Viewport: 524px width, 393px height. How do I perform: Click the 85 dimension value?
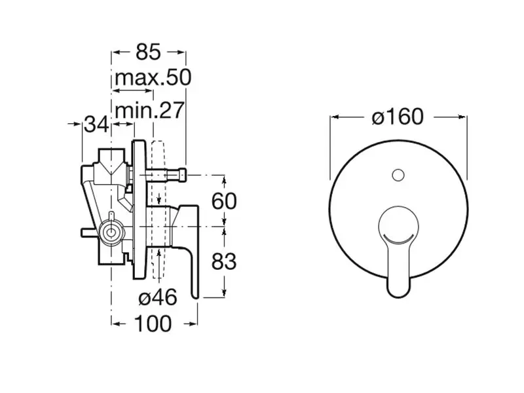pyautogui.click(x=149, y=52)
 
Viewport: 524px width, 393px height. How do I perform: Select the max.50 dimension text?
pyautogui.click(x=153, y=77)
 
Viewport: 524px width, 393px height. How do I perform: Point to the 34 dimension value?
pyautogui.click(x=96, y=124)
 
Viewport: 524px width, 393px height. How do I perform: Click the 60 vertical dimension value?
pyautogui.click(x=224, y=201)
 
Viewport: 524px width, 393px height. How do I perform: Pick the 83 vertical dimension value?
pyautogui.click(x=224, y=261)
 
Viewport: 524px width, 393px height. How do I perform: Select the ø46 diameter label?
pyautogui.click(x=157, y=297)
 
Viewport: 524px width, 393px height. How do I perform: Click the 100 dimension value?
pyautogui.click(x=153, y=324)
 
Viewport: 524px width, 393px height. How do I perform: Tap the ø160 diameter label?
pyautogui.click(x=398, y=117)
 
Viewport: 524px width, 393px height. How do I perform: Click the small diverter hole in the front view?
pyautogui.click(x=398, y=175)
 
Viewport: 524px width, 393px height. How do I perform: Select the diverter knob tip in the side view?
pyautogui.click(x=183, y=175)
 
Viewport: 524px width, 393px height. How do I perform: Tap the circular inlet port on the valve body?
pyautogui.click(x=111, y=231)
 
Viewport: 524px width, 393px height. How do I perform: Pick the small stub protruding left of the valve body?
pyautogui.click(x=90, y=233)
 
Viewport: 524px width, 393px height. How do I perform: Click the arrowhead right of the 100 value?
pyautogui.click(x=193, y=324)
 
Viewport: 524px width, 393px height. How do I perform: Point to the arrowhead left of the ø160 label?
pyautogui.click(x=335, y=117)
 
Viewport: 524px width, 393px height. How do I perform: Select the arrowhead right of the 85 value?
pyautogui.click(x=181, y=52)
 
